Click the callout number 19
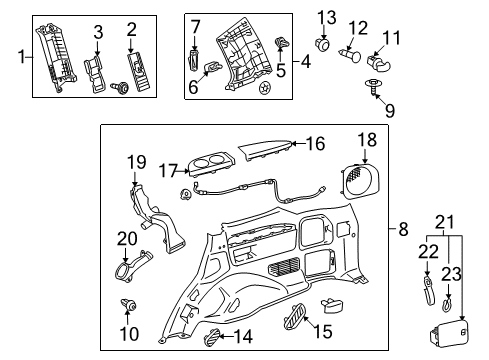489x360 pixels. [136, 162]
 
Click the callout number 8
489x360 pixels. [403, 229]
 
